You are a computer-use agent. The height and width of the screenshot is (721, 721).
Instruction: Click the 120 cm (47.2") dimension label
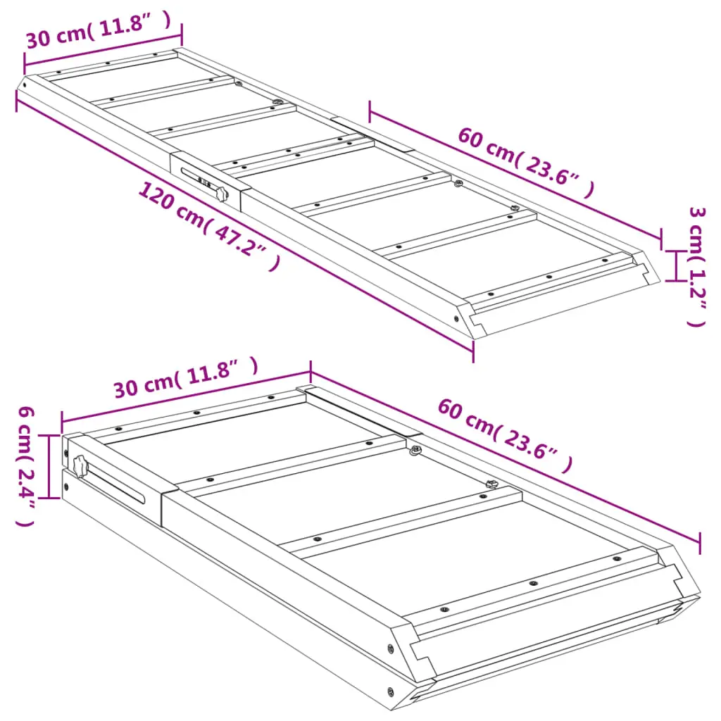tap(209, 225)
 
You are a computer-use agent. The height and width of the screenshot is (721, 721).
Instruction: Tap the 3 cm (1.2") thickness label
tap(697, 267)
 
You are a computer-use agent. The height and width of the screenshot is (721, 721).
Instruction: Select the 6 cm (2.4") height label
tap(26, 466)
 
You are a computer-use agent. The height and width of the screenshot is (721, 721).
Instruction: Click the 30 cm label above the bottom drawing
tap(186, 377)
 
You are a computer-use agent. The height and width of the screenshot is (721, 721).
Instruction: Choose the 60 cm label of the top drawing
tap(526, 163)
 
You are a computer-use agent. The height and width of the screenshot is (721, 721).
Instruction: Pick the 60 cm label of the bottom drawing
tap(505, 435)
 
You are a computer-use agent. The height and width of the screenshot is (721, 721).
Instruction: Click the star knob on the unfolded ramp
tap(222, 194)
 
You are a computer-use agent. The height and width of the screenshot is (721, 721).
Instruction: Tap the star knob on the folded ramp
tap(80, 466)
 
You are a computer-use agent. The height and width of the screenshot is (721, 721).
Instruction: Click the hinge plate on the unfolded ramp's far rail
tap(372, 134)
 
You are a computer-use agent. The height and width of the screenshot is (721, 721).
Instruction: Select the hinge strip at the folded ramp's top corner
tap(358, 410)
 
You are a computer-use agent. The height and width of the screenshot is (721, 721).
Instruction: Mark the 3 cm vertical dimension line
tap(675, 265)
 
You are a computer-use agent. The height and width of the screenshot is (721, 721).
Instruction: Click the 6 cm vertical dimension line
tap(49, 466)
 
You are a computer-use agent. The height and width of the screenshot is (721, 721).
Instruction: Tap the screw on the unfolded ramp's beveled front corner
tap(456, 318)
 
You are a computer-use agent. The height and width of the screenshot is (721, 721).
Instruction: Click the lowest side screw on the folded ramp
tap(390, 691)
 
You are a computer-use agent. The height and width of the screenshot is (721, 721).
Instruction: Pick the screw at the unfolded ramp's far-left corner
tap(25, 85)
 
